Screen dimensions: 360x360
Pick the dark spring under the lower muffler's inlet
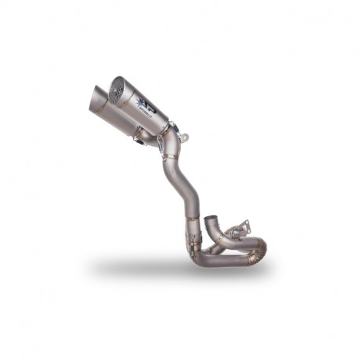coord(141,142)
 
